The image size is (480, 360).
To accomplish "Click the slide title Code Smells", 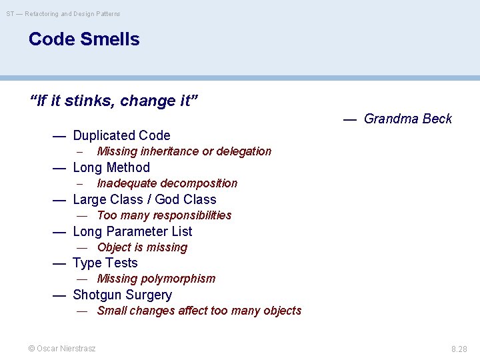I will click(x=84, y=39).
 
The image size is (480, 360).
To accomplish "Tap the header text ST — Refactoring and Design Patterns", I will click(x=63, y=13).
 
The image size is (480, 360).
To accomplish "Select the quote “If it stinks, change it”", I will click(x=114, y=101).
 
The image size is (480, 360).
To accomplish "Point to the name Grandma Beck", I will click(x=407, y=119).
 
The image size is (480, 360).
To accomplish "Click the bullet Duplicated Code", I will click(x=121, y=135).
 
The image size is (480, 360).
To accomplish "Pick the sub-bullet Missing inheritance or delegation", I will click(x=184, y=151).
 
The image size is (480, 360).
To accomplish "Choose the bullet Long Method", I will click(x=111, y=167).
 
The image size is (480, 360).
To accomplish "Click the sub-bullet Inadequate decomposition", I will click(x=167, y=183).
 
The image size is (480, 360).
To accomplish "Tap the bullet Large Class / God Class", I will click(x=144, y=199).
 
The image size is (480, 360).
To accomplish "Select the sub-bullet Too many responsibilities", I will click(x=164, y=215).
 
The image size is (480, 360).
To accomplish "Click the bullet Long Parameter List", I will click(x=132, y=231).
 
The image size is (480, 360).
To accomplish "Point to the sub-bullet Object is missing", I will click(x=142, y=247).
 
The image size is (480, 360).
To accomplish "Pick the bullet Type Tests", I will click(x=105, y=263).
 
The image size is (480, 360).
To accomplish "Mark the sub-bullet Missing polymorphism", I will click(x=156, y=279).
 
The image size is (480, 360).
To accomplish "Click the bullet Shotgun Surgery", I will click(x=122, y=295).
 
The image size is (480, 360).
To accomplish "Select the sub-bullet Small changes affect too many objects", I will click(x=199, y=311).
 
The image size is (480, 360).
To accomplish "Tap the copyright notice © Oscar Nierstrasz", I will click(x=61, y=348).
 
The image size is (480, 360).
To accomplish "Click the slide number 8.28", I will click(x=459, y=349).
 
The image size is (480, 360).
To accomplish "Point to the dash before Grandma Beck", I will click(x=350, y=119).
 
